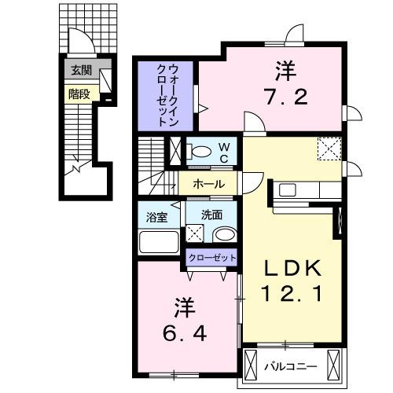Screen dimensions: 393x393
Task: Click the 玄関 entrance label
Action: (80, 70)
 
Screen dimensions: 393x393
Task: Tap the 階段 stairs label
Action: (79, 93)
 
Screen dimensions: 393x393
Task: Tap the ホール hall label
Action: (208, 184)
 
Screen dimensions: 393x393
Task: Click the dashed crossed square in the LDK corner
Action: (329, 147)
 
